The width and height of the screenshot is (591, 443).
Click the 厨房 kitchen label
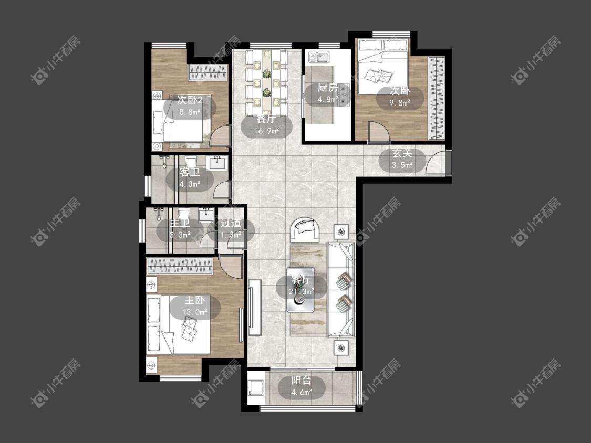pyautogui.click(x=327, y=88)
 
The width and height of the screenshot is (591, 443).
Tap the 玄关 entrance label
pyautogui.click(x=402, y=153)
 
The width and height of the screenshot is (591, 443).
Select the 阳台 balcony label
pyautogui.click(x=302, y=381)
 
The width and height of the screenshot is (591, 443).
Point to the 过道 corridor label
pyautogui.click(x=231, y=223)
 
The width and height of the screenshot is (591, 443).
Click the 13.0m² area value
pyautogui.click(x=195, y=312)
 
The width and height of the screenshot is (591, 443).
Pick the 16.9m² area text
pyautogui.click(x=266, y=131)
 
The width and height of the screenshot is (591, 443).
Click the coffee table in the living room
pyautogui.click(x=300, y=290)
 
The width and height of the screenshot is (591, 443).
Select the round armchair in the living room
pyautogui.click(x=305, y=229)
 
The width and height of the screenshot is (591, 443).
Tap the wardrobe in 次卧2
pyautogui.click(x=208, y=72)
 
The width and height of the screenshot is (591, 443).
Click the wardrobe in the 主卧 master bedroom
pyautogui.click(x=180, y=266)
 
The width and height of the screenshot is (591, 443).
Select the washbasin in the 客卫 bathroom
pyautogui.click(x=217, y=163)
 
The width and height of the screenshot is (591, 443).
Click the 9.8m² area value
pyautogui.click(x=400, y=102)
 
